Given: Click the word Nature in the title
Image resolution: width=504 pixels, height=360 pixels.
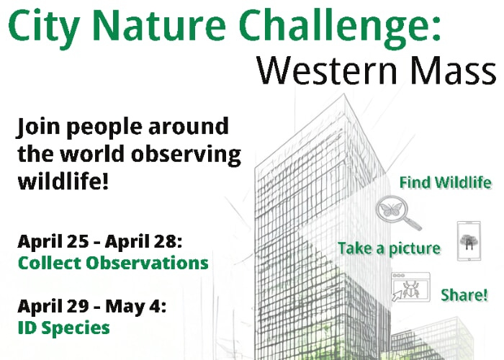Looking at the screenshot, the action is click(159, 25).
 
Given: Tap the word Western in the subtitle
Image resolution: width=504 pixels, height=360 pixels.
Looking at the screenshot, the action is click(327, 70).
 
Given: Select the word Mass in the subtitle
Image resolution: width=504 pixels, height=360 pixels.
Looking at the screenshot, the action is click(454, 70).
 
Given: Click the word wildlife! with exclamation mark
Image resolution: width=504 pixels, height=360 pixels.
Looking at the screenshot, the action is click(63, 181).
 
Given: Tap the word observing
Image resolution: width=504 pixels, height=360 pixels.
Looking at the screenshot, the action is click(186, 156).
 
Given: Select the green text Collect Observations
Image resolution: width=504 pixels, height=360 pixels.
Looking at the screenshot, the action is click(113, 263).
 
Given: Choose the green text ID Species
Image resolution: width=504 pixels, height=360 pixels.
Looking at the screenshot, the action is click(63, 328).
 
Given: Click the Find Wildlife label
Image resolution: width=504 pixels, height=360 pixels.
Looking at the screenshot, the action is click(446, 183).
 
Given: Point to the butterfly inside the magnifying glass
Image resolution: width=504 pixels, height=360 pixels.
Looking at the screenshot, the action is click(390, 210).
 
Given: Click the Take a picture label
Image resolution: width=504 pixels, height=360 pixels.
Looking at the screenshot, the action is click(390, 249).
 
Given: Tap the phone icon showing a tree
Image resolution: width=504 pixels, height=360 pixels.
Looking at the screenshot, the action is click(469, 240).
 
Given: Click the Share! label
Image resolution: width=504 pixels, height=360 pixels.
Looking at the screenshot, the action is click(464, 295).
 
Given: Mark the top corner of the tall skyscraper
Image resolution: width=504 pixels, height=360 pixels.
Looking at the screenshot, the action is click(344, 94).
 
